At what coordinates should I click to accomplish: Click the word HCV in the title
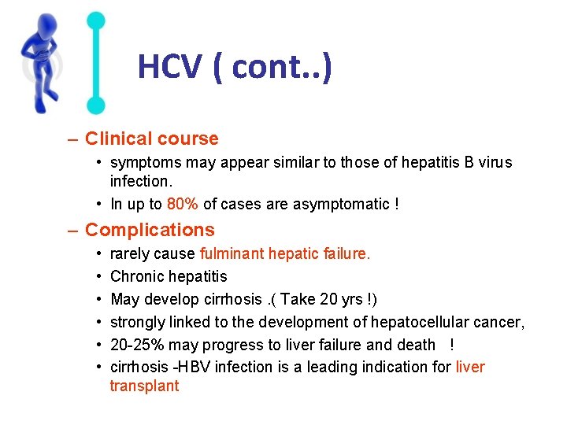tap(169, 68)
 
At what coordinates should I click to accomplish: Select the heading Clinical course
tap(151, 139)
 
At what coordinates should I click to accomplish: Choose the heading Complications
tap(149, 231)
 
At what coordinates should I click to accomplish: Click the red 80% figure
tap(183, 205)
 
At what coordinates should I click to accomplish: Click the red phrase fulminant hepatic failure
tap(285, 254)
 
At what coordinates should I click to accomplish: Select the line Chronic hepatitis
tap(169, 276)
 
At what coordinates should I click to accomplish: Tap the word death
tap(417, 345)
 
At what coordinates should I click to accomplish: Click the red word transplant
tap(144, 386)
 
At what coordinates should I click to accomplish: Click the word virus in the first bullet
tap(494, 163)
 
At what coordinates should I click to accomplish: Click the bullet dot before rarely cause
tap(94, 254)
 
